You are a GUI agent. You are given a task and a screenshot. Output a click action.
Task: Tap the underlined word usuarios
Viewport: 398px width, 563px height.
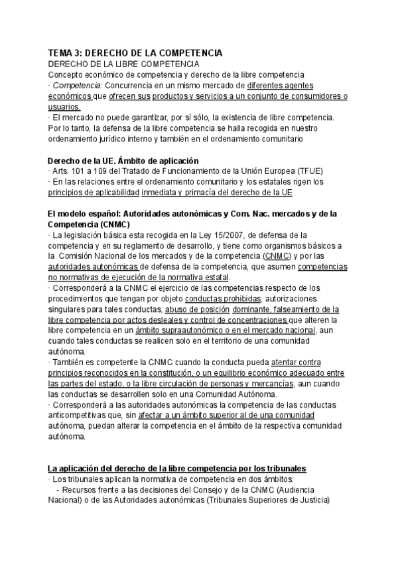(64, 107)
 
